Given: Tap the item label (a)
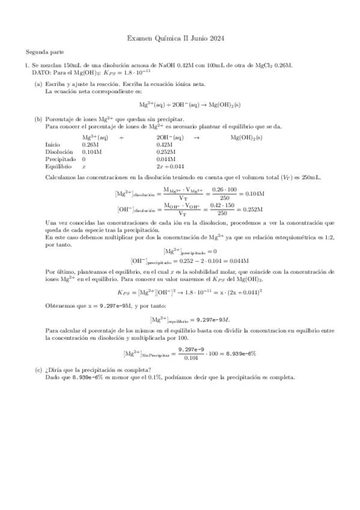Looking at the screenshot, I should (x=38, y=84).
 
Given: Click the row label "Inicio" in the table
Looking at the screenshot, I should (x=53, y=145).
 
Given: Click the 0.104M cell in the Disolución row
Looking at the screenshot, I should (x=92, y=152).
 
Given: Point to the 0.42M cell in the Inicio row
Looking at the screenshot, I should (x=164, y=145).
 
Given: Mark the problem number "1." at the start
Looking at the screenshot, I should (x=27, y=65).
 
